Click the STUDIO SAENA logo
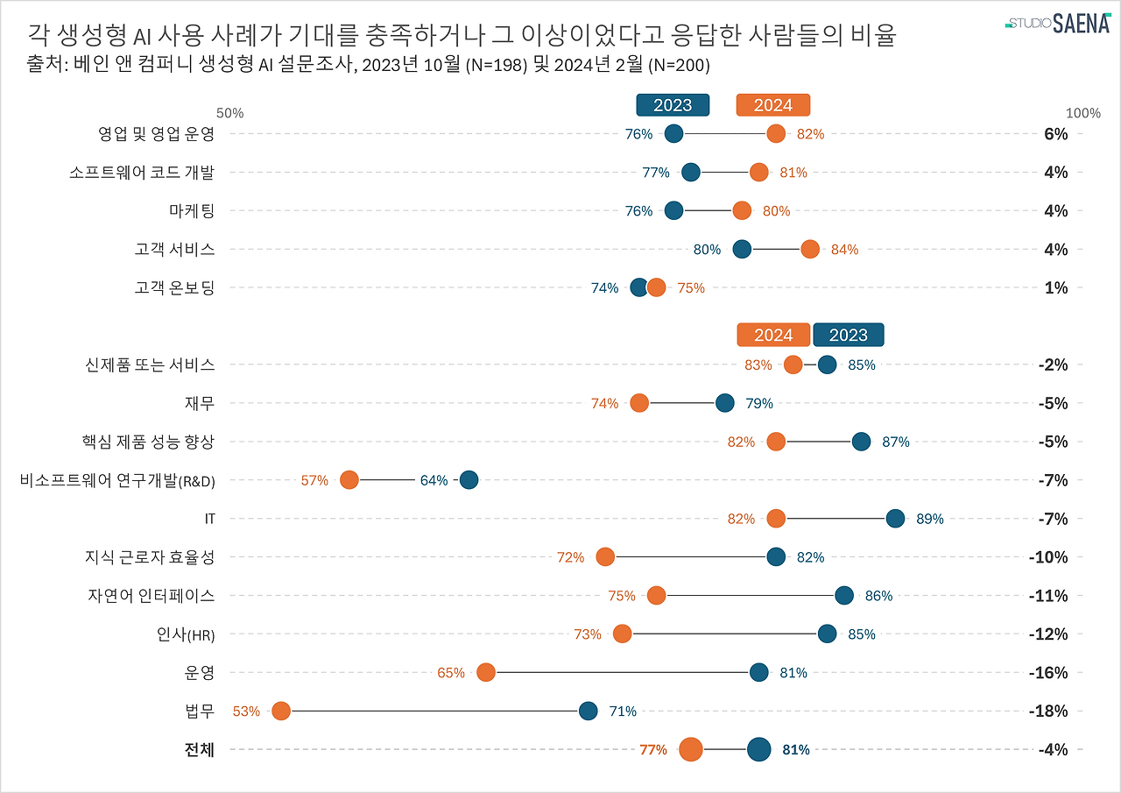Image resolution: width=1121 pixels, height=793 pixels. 1057,23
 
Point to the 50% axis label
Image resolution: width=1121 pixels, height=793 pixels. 229,113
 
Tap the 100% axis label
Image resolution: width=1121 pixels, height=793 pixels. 1082,113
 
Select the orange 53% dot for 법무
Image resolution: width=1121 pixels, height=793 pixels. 281,711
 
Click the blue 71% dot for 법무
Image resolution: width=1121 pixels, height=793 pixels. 589,711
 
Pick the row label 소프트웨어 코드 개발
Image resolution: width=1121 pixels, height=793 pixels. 142,172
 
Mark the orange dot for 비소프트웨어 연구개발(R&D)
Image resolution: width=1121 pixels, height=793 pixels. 349,479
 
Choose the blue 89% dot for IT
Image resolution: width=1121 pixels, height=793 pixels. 895,518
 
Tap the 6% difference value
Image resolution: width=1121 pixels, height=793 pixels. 1056,133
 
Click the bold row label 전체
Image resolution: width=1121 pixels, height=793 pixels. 200,749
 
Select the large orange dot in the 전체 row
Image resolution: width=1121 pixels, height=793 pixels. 691,749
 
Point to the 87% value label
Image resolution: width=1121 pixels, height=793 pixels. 896,442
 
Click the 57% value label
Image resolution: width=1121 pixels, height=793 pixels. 314,480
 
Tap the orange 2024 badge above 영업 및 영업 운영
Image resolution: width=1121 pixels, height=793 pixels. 773,105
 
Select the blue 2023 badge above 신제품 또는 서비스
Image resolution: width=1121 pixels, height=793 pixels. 848,335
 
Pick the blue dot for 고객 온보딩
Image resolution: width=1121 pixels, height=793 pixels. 639,287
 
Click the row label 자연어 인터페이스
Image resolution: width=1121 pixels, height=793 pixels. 151,595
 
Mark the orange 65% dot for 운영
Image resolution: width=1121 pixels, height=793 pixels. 486,672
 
